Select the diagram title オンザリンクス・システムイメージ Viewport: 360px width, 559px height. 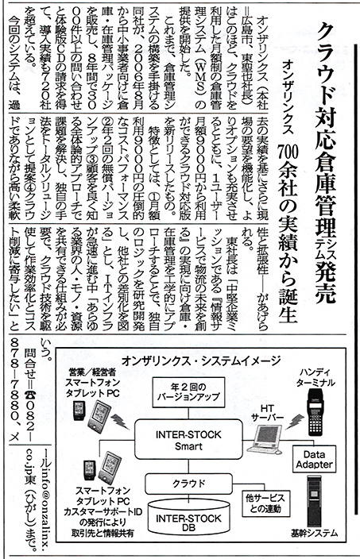[x=201, y=360]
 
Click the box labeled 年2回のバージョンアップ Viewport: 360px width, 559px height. [x=188, y=391]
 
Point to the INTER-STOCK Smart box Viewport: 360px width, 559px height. [x=188, y=440]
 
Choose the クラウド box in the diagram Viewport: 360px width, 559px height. [x=189, y=484]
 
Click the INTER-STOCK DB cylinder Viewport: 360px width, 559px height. [x=188, y=520]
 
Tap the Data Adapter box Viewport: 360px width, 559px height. [x=315, y=459]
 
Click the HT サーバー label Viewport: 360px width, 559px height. [x=268, y=413]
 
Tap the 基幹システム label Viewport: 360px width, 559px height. [x=314, y=534]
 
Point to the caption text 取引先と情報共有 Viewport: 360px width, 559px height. [x=103, y=534]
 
